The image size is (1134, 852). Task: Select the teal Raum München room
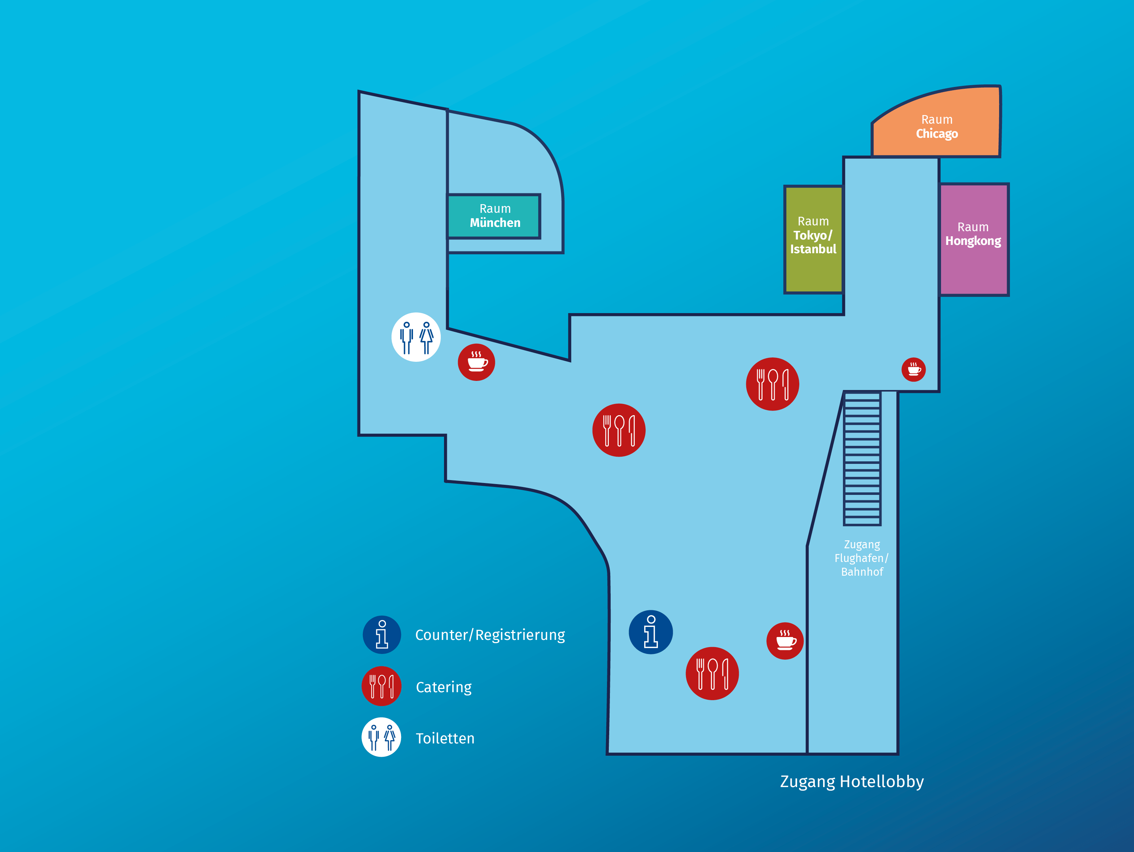pos(494,216)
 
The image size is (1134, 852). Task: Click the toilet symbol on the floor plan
pos(416,337)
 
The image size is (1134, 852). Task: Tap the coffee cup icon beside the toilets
pos(476,362)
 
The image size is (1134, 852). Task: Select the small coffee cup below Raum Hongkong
pos(914,369)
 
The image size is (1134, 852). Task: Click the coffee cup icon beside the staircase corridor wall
pos(785,641)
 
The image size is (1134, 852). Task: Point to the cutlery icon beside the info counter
pos(712,673)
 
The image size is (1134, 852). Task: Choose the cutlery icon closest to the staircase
pos(773,384)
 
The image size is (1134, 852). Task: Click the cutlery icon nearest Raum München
pos(619,430)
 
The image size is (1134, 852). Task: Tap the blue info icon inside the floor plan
pos(651,632)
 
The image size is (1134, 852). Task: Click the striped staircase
pos(862,459)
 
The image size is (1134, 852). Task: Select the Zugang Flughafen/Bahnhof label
pos(862,558)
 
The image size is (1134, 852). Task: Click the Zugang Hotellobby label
pos(852,781)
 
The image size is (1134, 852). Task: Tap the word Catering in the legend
pos(443,687)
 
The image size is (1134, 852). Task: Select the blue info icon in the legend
pos(382,634)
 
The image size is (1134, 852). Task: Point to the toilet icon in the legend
pos(381,737)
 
